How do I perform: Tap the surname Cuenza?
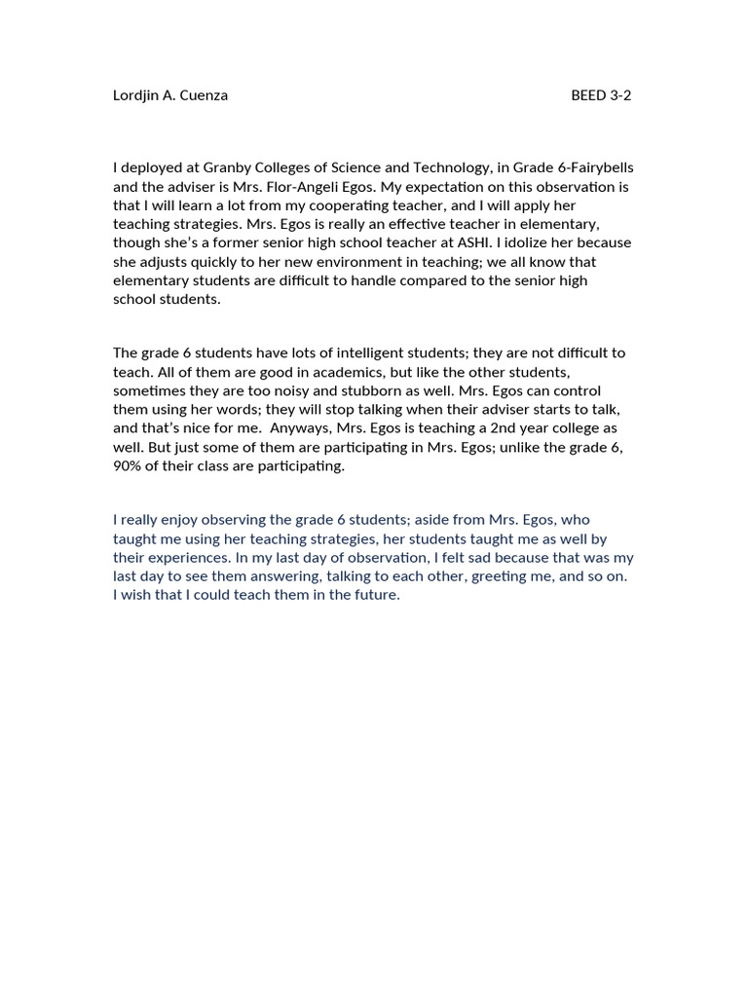(x=203, y=95)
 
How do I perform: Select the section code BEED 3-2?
(x=601, y=95)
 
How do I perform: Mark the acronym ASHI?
(x=463, y=242)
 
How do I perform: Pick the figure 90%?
(x=129, y=466)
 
